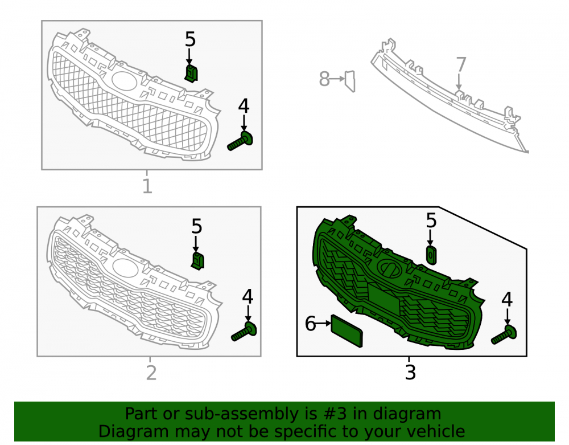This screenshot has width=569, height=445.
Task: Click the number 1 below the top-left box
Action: (147, 186)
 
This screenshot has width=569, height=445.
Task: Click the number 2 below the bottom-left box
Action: (151, 373)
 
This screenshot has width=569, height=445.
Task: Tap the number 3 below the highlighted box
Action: (410, 372)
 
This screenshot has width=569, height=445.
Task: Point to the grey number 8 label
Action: (324, 79)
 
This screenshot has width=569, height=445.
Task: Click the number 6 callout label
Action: (310, 323)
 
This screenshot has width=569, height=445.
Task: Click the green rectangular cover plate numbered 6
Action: (347, 331)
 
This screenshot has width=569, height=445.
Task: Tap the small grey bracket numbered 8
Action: (350, 81)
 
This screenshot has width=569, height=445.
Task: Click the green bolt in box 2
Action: (244, 331)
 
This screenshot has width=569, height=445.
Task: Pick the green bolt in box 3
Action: (504, 334)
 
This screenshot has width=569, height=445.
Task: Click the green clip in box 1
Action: (191, 74)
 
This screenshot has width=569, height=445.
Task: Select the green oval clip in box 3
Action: (431, 255)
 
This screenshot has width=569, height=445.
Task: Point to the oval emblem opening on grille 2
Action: (125, 267)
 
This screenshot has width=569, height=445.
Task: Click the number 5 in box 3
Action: (431, 221)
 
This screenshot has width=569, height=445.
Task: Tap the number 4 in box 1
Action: (244, 106)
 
